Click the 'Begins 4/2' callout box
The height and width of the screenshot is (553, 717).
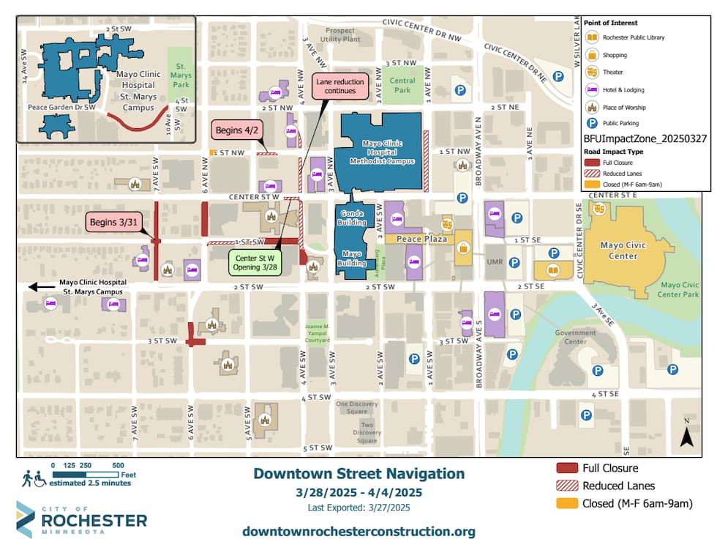point(235,131)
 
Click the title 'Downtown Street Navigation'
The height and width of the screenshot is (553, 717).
point(358,474)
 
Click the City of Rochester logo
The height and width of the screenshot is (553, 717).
point(80,519)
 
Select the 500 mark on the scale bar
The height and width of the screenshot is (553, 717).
point(118,465)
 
